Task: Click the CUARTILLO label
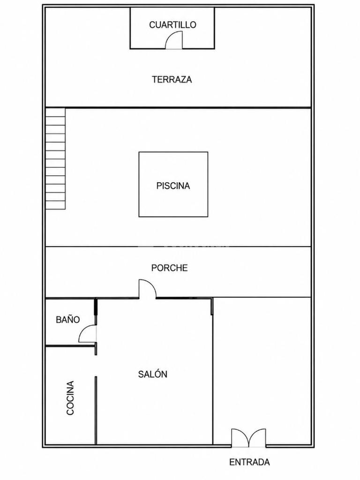point(172,24)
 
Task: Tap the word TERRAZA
point(172,80)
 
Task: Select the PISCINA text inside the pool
point(173,186)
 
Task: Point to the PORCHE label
point(169,268)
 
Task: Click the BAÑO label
point(67,320)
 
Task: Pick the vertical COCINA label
point(70,397)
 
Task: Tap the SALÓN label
point(152,374)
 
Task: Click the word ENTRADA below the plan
point(249,462)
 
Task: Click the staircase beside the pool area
point(55,158)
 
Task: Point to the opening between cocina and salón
point(96,366)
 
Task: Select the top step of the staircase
point(55,112)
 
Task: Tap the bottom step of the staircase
point(55,205)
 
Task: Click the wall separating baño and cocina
point(70,346)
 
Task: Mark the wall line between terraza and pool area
point(178,107)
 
